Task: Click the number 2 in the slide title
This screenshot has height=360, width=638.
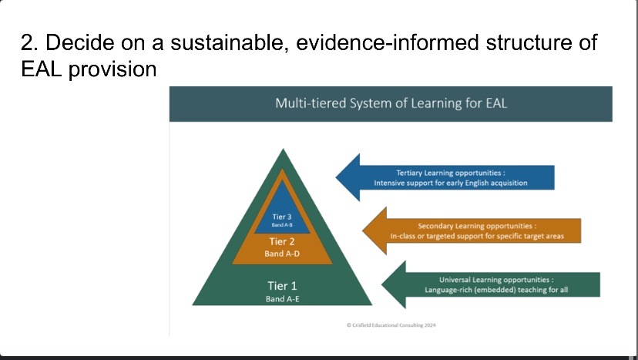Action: click(x=29, y=42)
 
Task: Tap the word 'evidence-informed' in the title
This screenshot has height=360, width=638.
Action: click(x=387, y=42)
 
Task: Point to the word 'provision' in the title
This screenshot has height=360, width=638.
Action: click(x=112, y=69)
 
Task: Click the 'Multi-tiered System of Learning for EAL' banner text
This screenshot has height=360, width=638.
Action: click(x=391, y=103)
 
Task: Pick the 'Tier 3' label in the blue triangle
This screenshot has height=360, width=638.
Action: click(x=282, y=217)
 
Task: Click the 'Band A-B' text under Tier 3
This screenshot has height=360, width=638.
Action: click(x=282, y=225)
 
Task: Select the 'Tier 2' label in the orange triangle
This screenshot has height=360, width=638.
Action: click(x=281, y=241)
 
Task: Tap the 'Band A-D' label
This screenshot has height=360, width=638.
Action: click(x=282, y=254)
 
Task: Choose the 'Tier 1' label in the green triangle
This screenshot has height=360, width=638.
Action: click(x=282, y=286)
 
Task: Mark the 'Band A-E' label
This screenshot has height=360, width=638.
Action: click(x=282, y=299)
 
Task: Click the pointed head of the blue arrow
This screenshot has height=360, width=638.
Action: click(x=337, y=177)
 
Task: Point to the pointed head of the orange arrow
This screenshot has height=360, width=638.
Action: click(x=364, y=230)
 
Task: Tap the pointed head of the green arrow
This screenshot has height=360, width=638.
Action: click(x=382, y=284)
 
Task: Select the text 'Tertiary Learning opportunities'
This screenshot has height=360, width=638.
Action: click(x=448, y=173)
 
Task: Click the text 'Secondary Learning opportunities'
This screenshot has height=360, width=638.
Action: click(x=475, y=226)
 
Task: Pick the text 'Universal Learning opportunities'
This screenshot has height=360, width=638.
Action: click(x=494, y=280)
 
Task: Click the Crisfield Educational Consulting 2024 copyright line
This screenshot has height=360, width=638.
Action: click(x=391, y=325)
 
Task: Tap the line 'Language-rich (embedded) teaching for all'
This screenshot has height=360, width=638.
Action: click(x=496, y=290)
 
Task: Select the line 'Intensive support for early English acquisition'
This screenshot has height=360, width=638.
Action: click(x=451, y=183)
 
